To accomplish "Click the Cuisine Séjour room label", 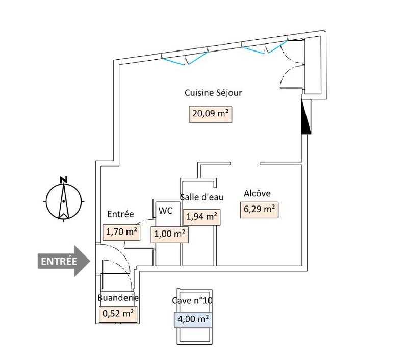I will [x=213, y=93].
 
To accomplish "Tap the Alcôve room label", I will [x=257, y=193].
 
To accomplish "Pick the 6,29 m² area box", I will [x=259, y=210].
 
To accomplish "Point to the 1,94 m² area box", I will [x=202, y=217].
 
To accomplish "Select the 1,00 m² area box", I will [x=169, y=234].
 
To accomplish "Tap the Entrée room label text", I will [x=120, y=214].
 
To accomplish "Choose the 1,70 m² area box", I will [x=121, y=233].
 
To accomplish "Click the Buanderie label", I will [x=118, y=298].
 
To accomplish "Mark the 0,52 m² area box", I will [x=118, y=313].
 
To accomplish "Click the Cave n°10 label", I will [x=192, y=301].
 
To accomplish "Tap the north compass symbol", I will [x=63, y=199].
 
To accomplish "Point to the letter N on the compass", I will [x=63, y=179].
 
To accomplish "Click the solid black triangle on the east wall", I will [x=306, y=116].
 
